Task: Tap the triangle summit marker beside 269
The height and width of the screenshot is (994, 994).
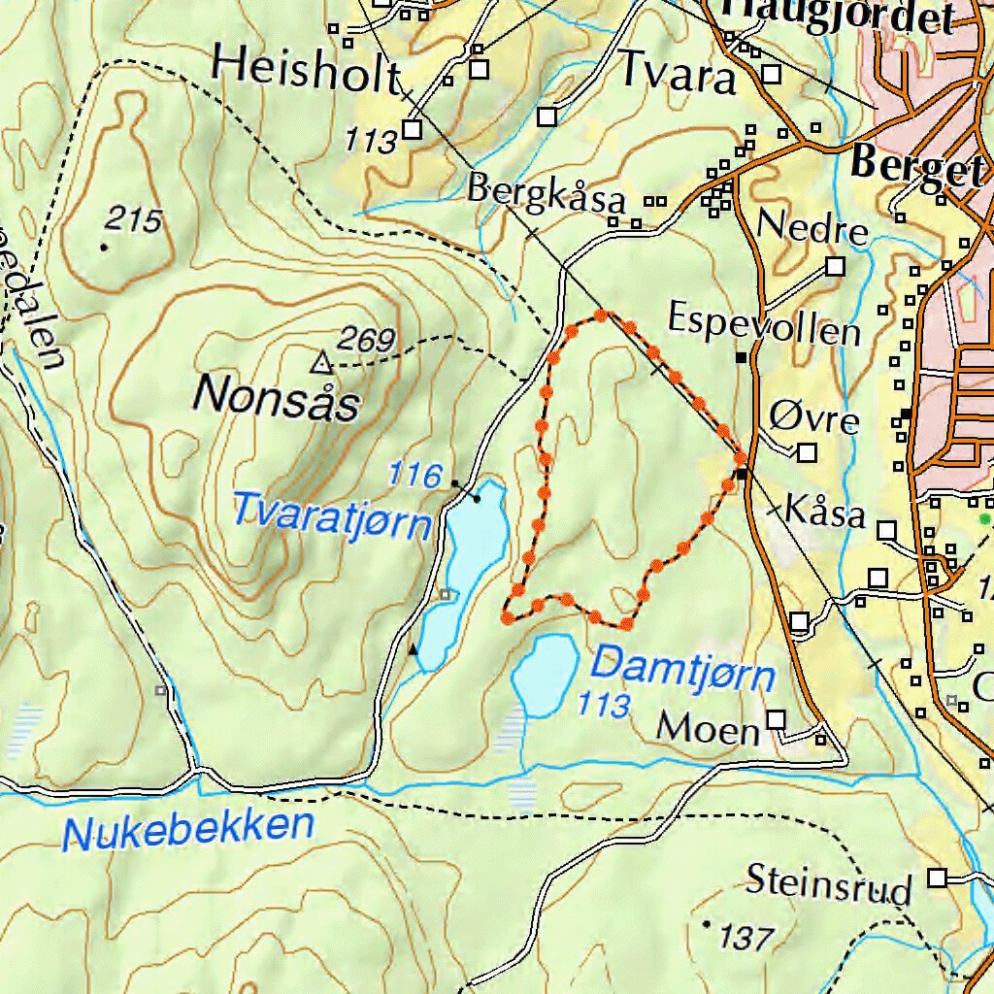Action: pos(321,364)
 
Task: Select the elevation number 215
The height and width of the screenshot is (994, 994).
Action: pos(134,220)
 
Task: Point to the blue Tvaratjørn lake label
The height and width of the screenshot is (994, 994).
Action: pos(331,514)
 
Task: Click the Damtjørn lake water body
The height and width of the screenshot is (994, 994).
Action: pos(544,673)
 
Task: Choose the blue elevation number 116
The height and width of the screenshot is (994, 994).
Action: pos(414,475)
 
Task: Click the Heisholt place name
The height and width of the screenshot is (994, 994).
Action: pos(307,68)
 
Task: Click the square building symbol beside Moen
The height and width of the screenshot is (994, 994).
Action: pos(776,719)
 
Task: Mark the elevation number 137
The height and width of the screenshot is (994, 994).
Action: pos(747,938)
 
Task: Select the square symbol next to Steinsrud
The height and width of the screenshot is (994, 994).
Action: pos(937,878)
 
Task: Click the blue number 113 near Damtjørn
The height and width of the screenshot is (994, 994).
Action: pos(604,705)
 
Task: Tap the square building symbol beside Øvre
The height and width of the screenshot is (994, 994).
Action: pos(808,452)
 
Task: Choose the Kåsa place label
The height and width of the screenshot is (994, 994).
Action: pos(824,511)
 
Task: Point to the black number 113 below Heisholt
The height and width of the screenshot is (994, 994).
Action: pos(371,142)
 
